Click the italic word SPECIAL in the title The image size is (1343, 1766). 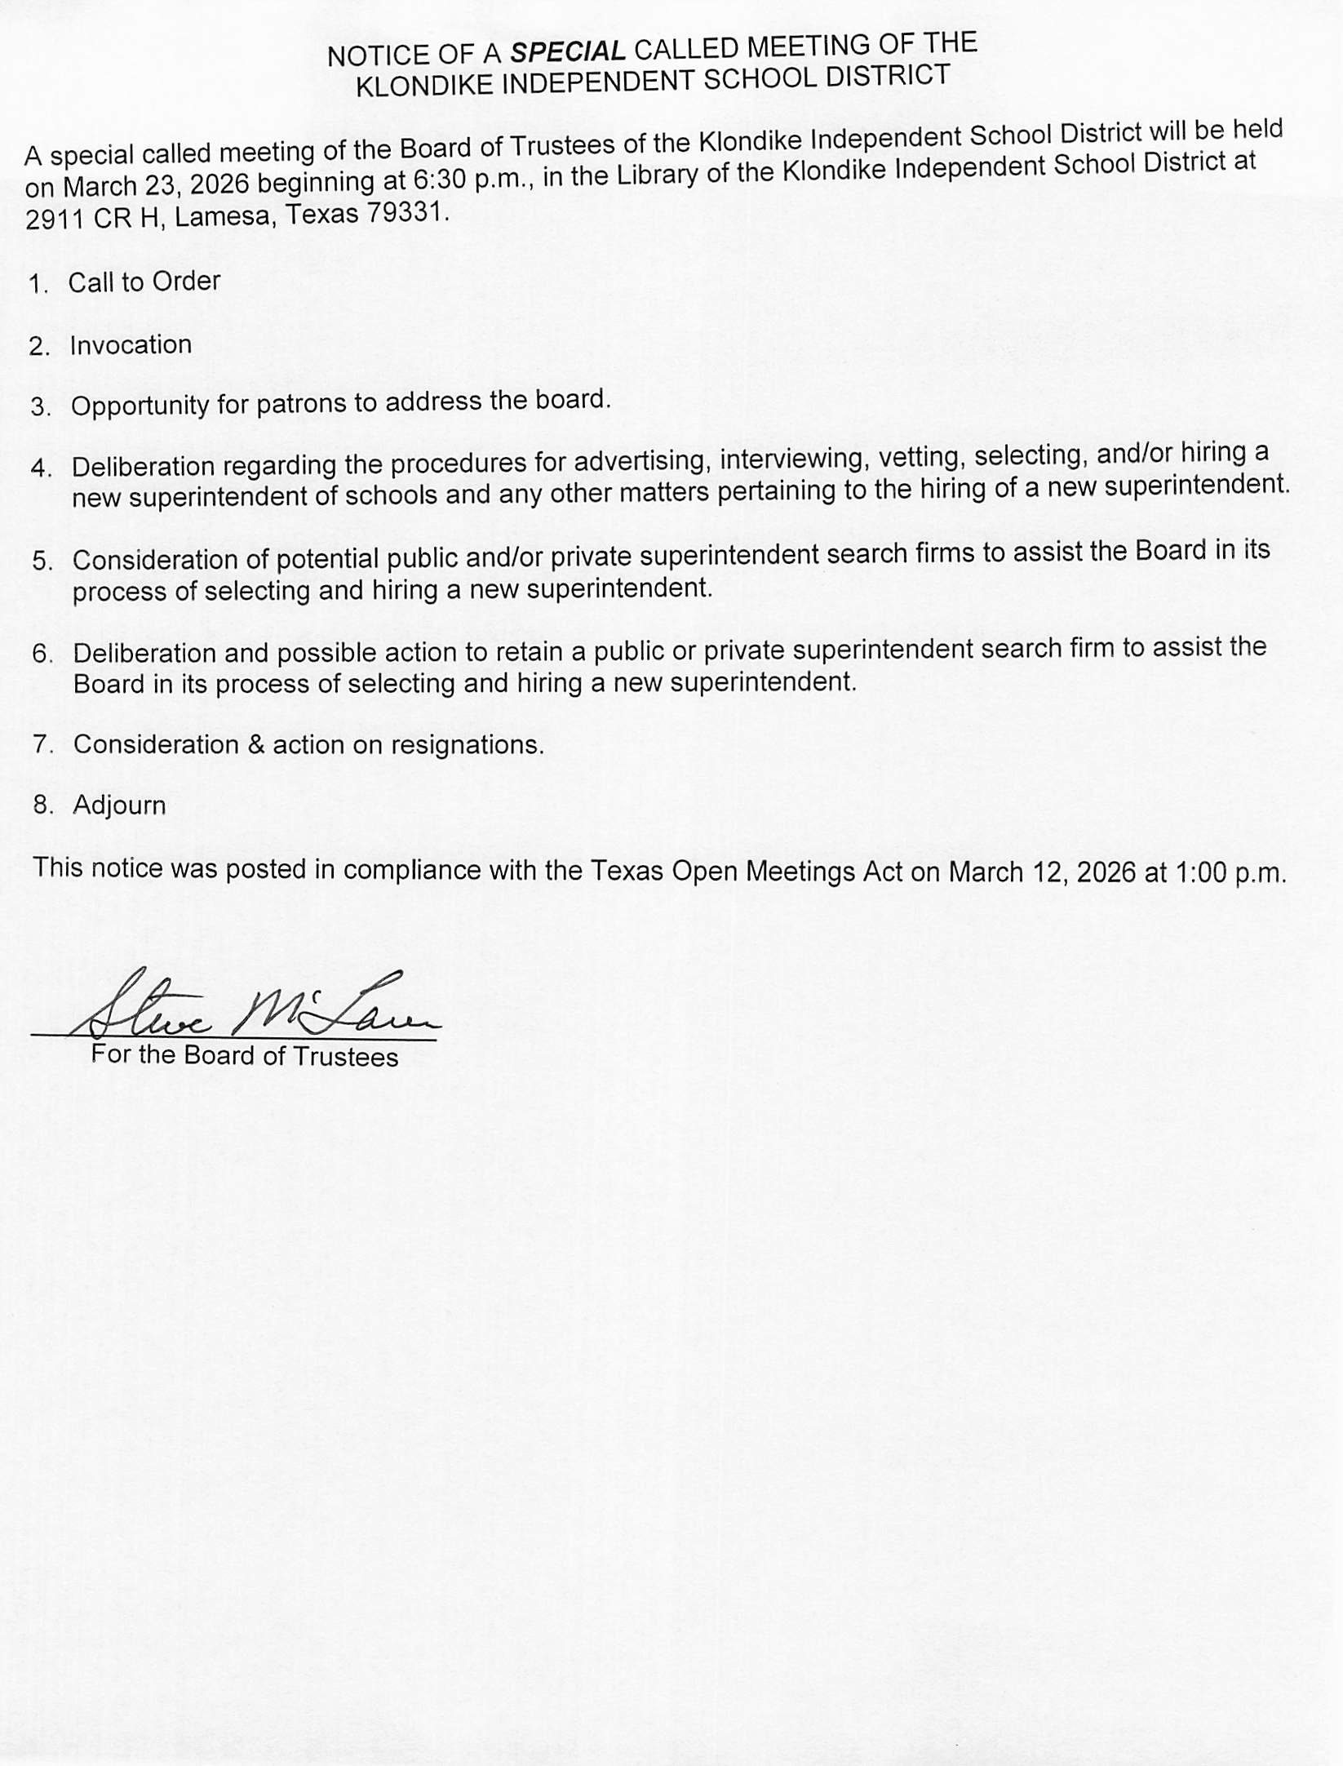(567, 52)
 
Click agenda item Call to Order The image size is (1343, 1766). (144, 282)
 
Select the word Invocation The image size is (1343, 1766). (131, 345)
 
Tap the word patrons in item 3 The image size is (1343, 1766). (300, 404)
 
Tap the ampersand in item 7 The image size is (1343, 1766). (256, 744)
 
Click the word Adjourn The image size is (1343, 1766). (119, 805)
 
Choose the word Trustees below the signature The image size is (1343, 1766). (345, 1057)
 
